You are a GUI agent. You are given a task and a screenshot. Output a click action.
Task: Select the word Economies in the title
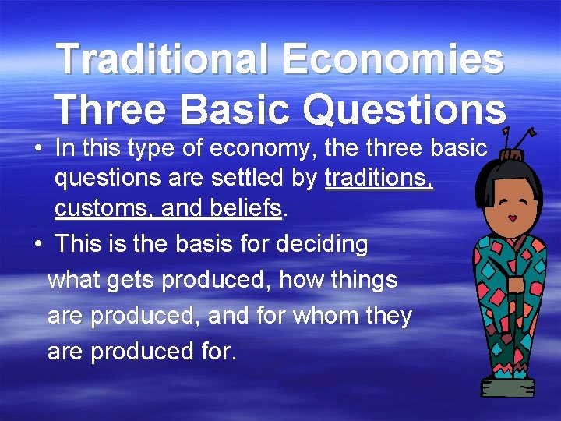(x=393, y=59)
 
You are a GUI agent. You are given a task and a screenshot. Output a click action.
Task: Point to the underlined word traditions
(x=379, y=178)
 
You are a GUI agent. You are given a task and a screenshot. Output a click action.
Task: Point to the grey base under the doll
(x=507, y=386)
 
